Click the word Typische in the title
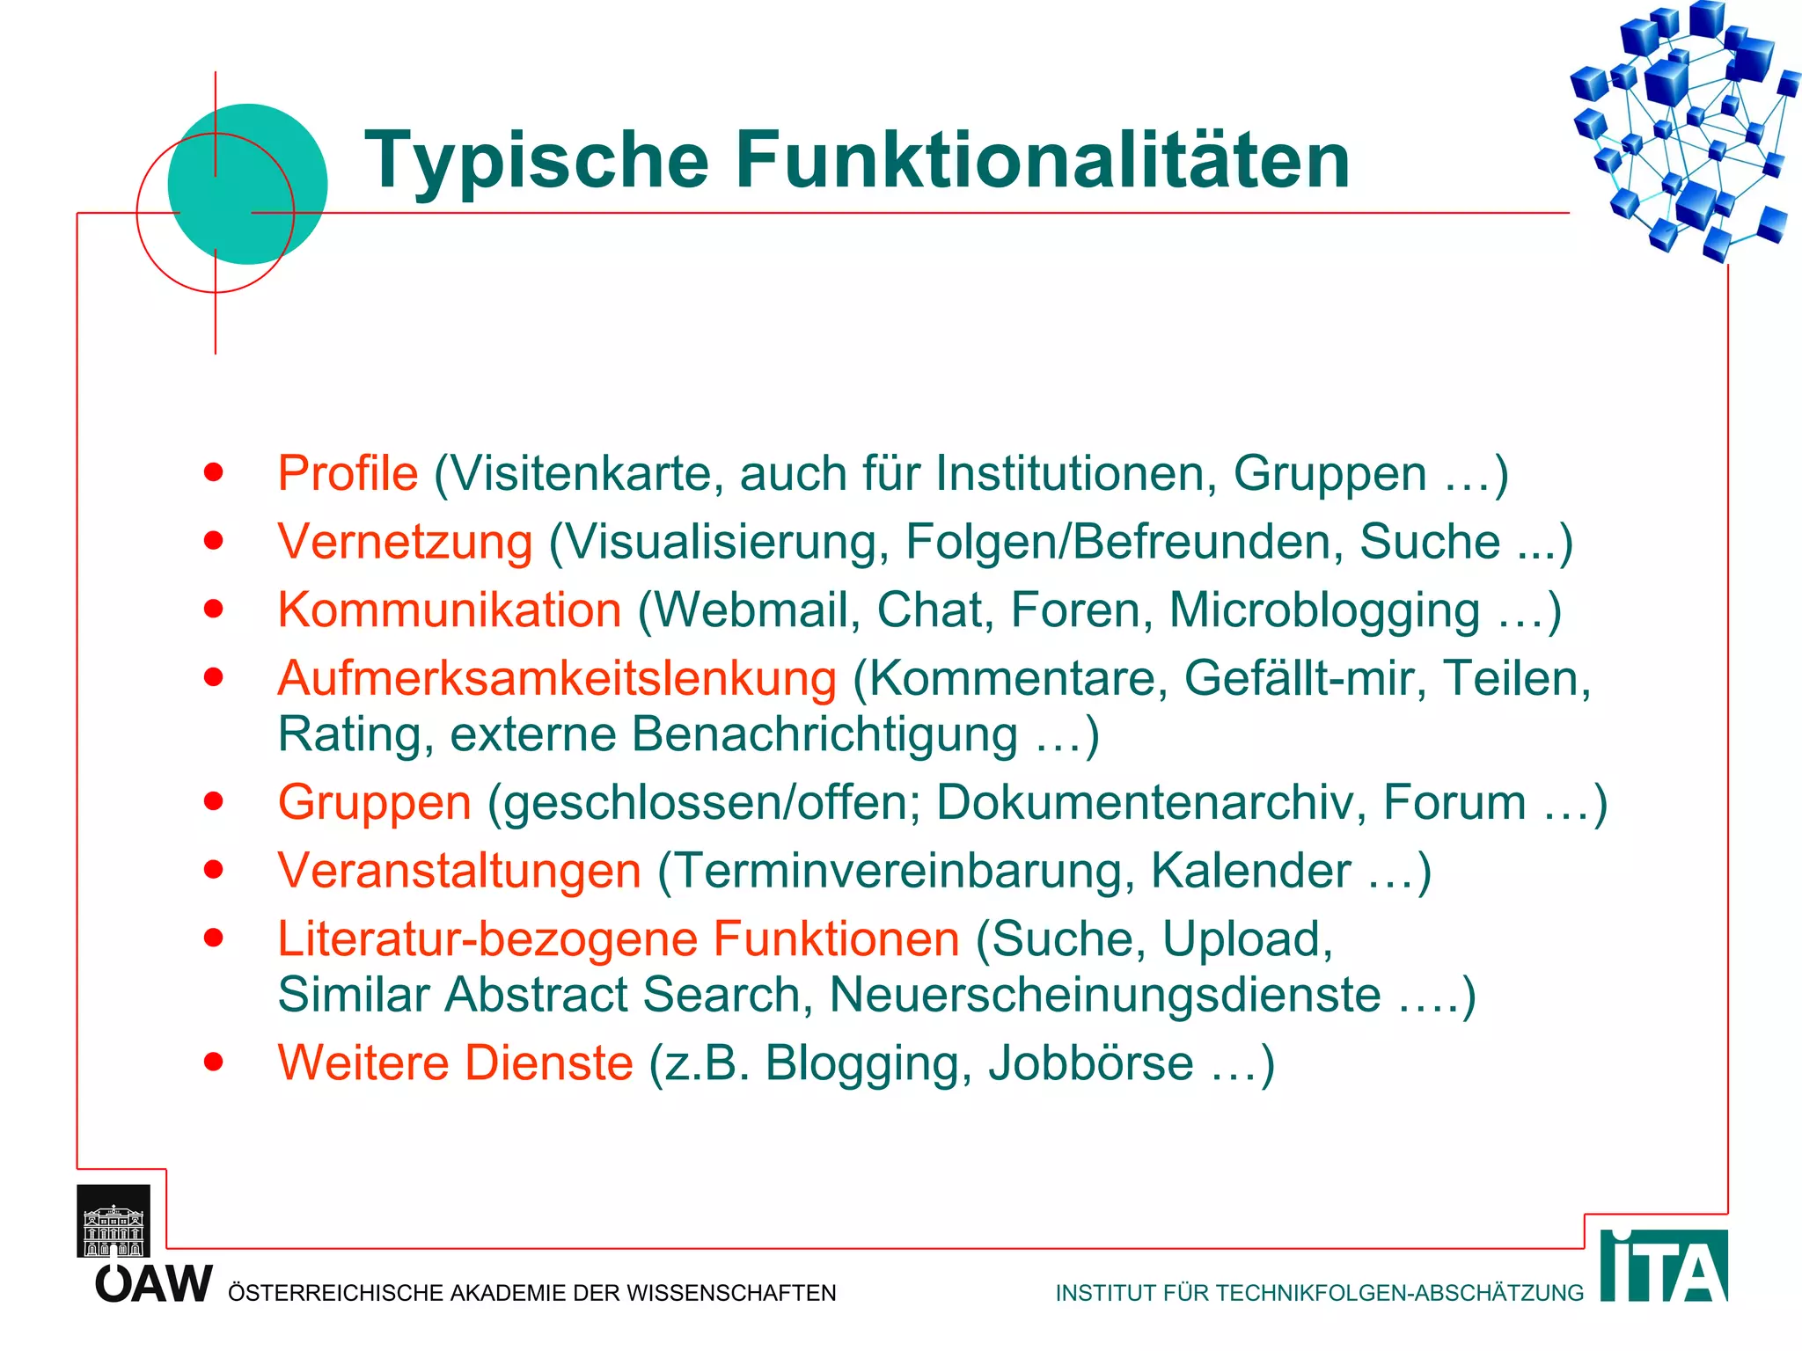[x=537, y=160]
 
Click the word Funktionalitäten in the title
[x=1042, y=160]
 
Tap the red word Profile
[x=348, y=473]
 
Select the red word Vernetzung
[x=405, y=541]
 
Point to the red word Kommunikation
[x=450, y=610]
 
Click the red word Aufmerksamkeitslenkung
[x=557, y=678]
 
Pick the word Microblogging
[x=1324, y=610]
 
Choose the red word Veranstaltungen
[x=459, y=871]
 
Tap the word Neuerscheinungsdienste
[x=1105, y=995]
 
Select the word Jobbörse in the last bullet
[x=1091, y=1063]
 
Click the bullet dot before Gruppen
[x=213, y=801]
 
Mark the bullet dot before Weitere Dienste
[x=213, y=1062]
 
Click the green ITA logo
[x=1663, y=1266]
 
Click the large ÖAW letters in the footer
[x=154, y=1284]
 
